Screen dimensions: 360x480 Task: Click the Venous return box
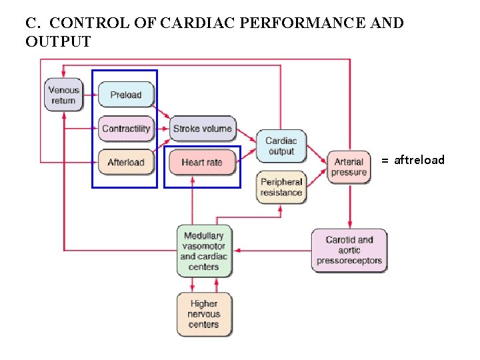coord(63,95)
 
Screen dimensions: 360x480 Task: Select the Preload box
coord(126,95)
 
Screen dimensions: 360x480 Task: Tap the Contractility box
coord(126,129)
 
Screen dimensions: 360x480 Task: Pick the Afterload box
coord(126,162)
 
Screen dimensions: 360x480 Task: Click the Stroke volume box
coord(202,129)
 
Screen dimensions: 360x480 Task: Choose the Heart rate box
coord(201,162)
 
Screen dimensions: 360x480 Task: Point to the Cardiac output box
coord(281,146)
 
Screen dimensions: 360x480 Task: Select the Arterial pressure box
coord(349,167)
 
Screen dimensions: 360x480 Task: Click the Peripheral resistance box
coord(281,187)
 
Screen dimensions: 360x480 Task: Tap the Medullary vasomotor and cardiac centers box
coord(204,251)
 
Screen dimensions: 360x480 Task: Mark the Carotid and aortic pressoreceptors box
coord(349,250)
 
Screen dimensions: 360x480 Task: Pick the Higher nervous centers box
coord(204,314)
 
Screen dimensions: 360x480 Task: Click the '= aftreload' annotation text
coord(413,160)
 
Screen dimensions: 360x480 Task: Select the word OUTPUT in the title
coord(58,42)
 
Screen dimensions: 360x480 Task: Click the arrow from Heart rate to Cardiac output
coord(248,155)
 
